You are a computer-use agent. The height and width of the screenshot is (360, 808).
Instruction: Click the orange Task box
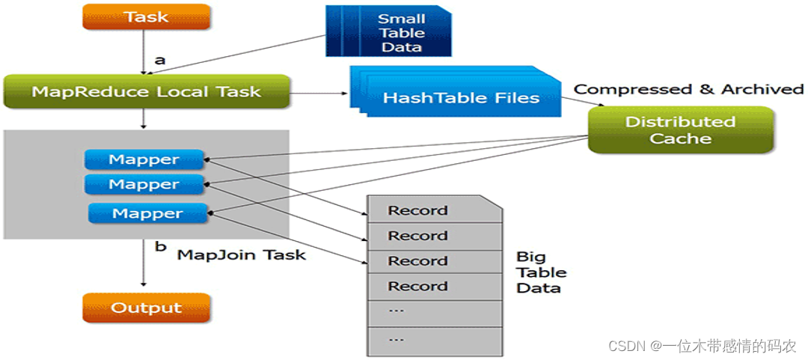pyautogui.click(x=147, y=16)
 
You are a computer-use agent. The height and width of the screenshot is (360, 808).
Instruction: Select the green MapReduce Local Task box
pyautogui.click(x=147, y=92)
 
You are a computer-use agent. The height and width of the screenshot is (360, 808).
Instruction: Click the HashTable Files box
pyautogui.click(x=456, y=93)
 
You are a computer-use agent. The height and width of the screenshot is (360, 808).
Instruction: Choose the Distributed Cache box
pyautogui.click(x=680, y=130)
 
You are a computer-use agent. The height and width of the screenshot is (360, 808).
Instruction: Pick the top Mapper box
pyautogui.click(x=144, y=159)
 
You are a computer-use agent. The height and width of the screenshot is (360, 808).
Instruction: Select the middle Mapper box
pyautogui.click(x=144, y=184)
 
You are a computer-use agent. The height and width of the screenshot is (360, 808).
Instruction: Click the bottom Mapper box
pyautogui.click(x=147, y=213)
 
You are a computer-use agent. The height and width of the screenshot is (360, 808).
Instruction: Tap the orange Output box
pyautogui.click(x=147, y=308)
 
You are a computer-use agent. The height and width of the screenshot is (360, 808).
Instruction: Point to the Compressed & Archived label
pyautogui.click(x=688, y=89)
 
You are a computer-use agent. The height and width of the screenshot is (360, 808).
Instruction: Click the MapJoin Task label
pyautogui.click(x=242, y=254)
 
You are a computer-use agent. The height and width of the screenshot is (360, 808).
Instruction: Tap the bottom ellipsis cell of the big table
pyautogui.click(x=434, y=341)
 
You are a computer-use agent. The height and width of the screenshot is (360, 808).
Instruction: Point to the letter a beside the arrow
pyautogui.click(x=160, y=60)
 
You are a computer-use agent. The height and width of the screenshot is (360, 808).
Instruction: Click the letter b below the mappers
pyautogui.click(x=161, y=246)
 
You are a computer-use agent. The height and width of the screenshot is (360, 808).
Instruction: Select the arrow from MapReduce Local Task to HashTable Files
pyautogui.click(x=319, y=94)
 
